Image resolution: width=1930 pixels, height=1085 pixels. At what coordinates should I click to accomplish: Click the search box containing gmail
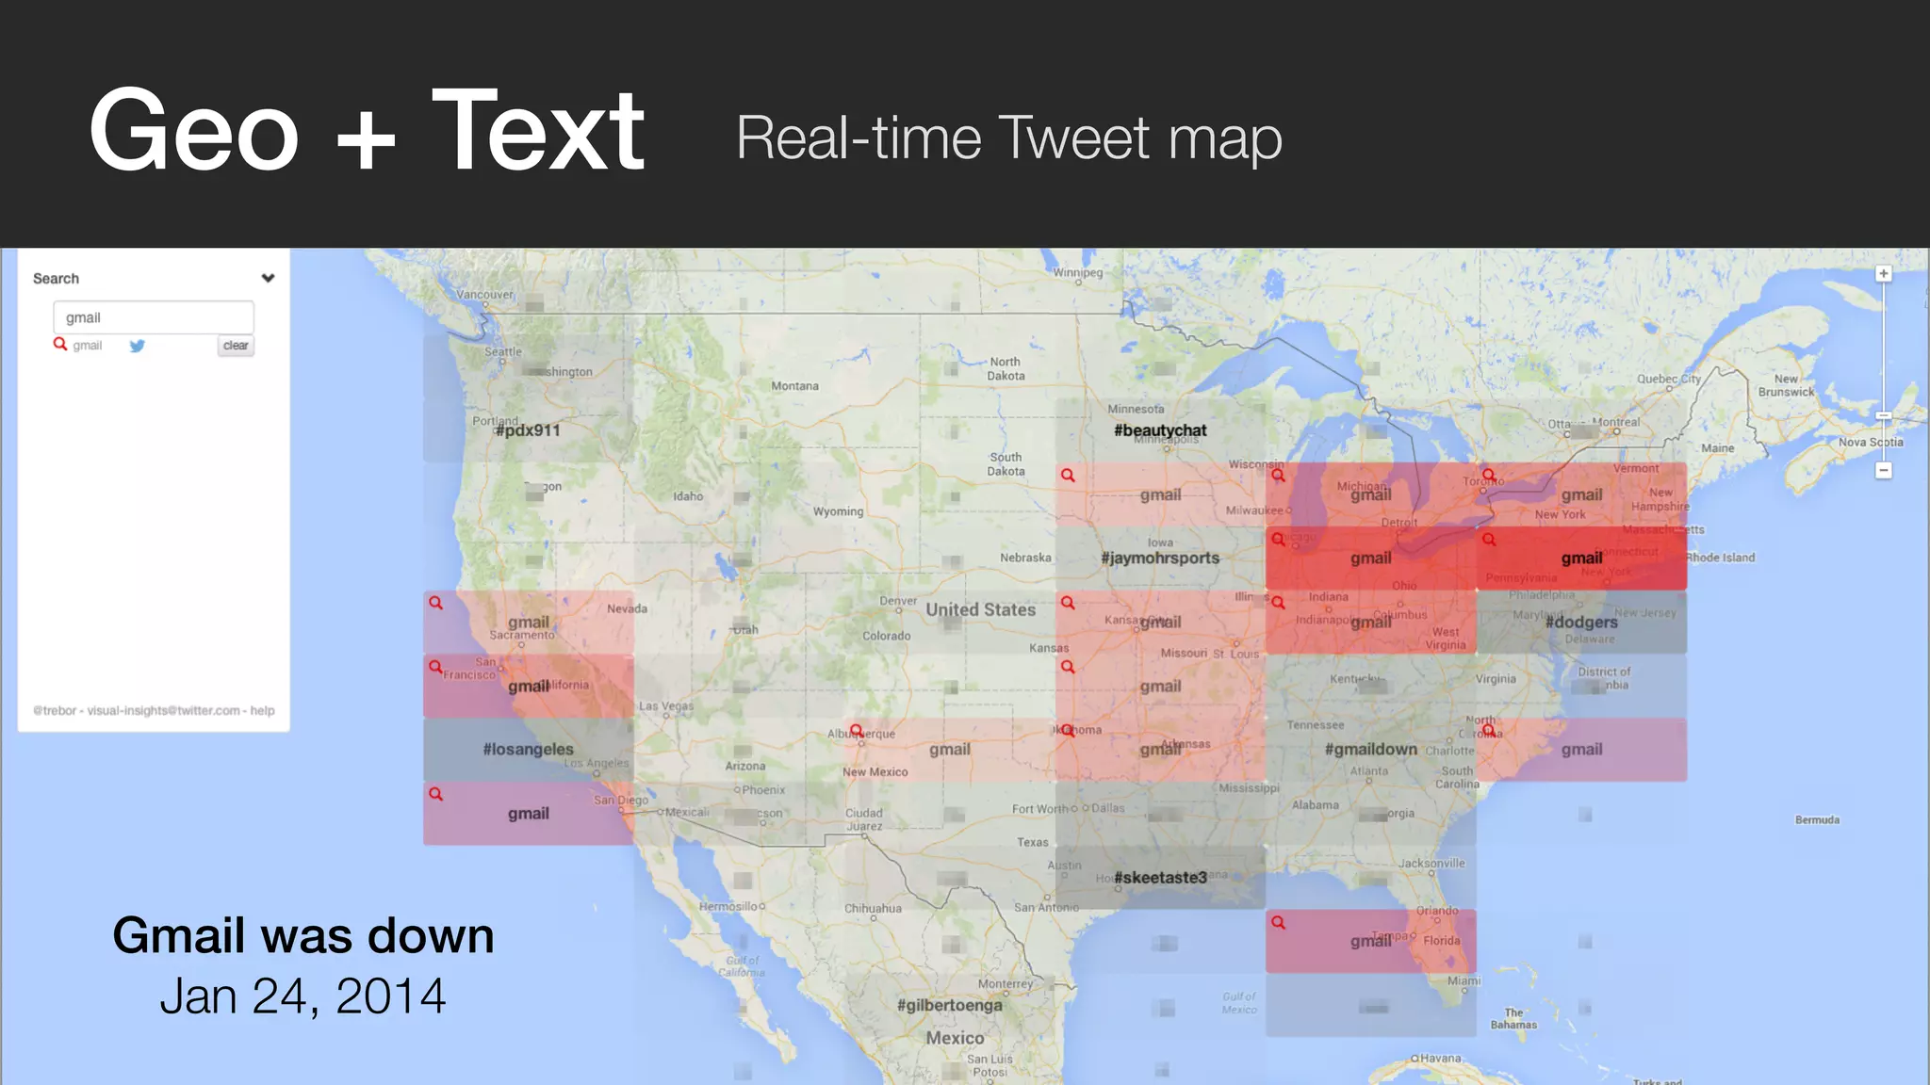[x=154, y=317]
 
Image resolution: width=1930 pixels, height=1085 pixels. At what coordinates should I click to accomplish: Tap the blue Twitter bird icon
[x=138, y=346]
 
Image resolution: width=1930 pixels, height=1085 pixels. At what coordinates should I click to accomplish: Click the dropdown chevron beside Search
[x=268, y=278]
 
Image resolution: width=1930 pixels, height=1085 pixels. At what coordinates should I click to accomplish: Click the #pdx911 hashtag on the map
[x=528, y=430]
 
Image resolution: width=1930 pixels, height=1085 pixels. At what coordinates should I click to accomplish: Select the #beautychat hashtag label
[x=1160, y=430]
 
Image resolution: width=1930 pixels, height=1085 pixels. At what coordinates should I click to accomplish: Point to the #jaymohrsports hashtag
[x=1160, y=558]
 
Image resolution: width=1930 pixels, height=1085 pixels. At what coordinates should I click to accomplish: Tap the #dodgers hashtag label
[x=1581, y=622]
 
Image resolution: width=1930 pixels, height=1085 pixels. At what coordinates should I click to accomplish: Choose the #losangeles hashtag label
[x=528, y=749]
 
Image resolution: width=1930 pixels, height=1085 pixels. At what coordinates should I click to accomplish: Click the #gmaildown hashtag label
[x=1371, y=749]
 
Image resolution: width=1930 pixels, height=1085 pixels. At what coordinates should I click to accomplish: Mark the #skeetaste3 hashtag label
[x=1160, y=877]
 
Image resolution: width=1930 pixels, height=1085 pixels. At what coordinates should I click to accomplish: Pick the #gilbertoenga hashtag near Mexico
[x=950, y=1005]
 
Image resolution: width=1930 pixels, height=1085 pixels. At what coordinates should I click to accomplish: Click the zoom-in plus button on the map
[x=1884, y=274]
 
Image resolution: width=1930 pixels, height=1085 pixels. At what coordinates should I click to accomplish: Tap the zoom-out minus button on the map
[x=1884, y=470]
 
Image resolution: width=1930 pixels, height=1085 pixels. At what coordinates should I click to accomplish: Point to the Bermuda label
[x=1817, y=819]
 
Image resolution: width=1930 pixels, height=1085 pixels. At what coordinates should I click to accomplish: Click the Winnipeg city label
[x=1077, y=272]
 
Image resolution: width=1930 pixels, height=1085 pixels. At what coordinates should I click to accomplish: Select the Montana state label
[x=794, y=386]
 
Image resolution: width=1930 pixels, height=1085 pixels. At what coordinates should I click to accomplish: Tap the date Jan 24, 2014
[x=303, y=996]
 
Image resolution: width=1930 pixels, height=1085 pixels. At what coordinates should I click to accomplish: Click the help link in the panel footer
[x=263, y=710]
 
